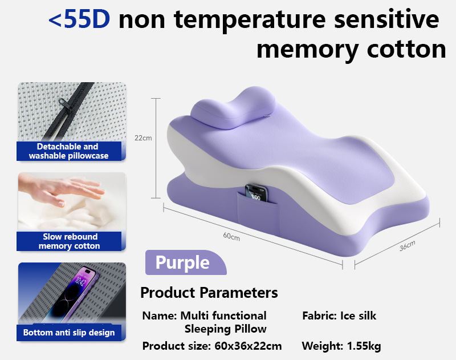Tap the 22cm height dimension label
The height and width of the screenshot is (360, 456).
click(143, 137)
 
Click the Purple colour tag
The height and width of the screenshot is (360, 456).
click(182, 262)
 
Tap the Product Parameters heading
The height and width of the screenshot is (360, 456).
click(209, 293)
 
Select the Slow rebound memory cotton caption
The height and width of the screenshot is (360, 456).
click(70, 241)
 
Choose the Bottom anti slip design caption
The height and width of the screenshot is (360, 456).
click(69, 333)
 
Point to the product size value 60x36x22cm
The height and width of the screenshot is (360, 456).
click(248, 346)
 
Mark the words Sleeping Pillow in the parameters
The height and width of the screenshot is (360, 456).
click(225, 329)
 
